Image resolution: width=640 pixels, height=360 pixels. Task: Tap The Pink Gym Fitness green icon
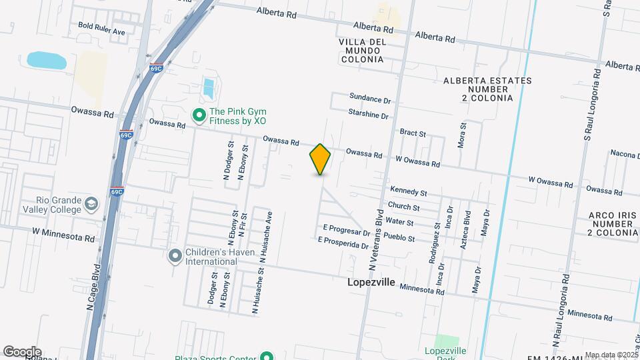[198, 115]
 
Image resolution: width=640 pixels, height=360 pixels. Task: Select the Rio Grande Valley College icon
[92, 203]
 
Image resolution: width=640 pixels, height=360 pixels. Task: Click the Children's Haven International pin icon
[175, 255]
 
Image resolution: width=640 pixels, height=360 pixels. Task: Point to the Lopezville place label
[371, 283]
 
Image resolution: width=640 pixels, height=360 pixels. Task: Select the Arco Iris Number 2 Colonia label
[613, 224]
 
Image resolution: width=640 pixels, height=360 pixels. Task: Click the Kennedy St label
[408, 192]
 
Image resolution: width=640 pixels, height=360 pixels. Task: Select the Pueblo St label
[400, 238]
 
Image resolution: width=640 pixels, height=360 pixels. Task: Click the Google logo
[21, 351]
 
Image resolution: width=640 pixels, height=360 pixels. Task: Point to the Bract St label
[413, 133]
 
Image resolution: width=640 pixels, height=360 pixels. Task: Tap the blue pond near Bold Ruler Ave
[47, 60]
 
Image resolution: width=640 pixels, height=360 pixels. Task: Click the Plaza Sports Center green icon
[266, 357]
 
